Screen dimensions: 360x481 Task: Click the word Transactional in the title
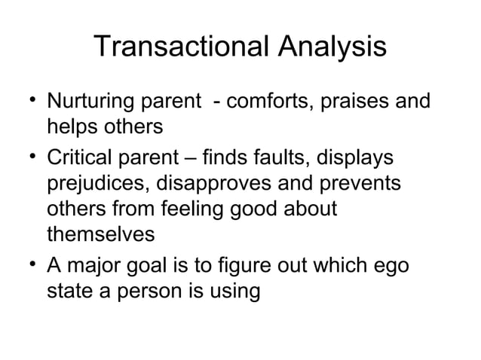coord(183,48)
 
